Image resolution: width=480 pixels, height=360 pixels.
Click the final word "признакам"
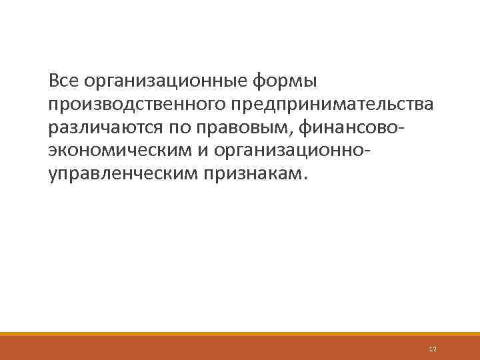click(x=253, y=173)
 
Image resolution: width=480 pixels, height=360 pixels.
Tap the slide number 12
click(x=433, y=349)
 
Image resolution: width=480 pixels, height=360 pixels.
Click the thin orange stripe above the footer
click(x=240, y=334)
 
